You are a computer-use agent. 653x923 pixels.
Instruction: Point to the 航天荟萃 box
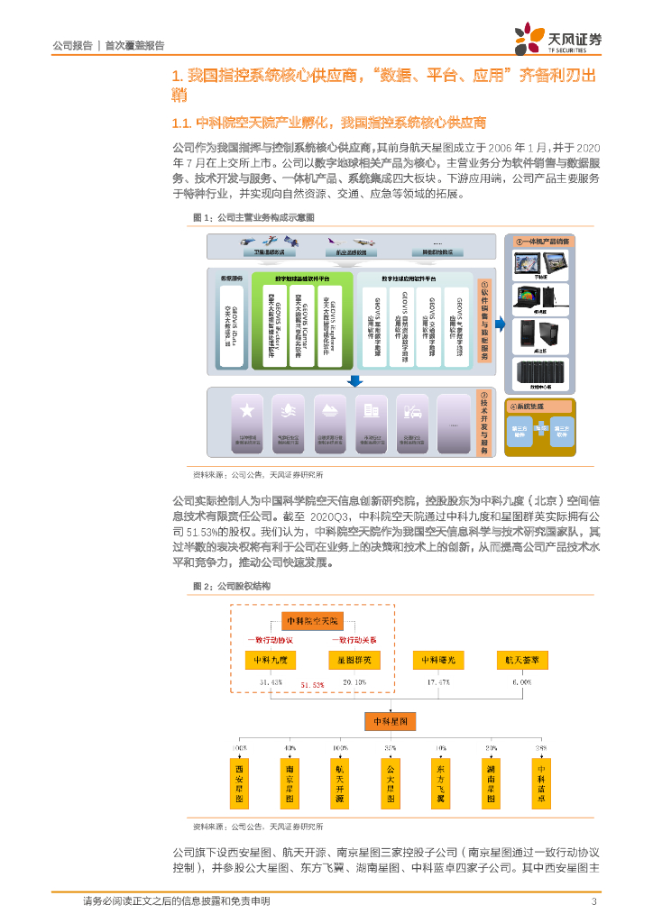coord(522,660)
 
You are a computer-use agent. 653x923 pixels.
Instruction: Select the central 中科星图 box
coord(391,721)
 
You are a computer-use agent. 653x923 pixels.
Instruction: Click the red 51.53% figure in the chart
coord(312,686)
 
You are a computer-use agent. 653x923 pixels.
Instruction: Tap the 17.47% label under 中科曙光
coord(437,682)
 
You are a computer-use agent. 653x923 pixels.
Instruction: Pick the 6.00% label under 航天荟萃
coord(522,682)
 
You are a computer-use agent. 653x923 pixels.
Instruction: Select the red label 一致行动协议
coord(270,639)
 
